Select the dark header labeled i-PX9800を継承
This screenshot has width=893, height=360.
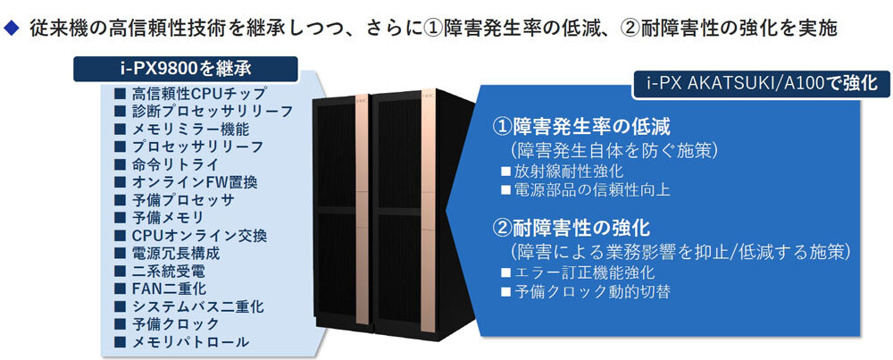point(185,68)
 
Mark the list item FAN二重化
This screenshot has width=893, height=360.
point(169,289)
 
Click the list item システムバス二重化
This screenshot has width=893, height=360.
point(197,306)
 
